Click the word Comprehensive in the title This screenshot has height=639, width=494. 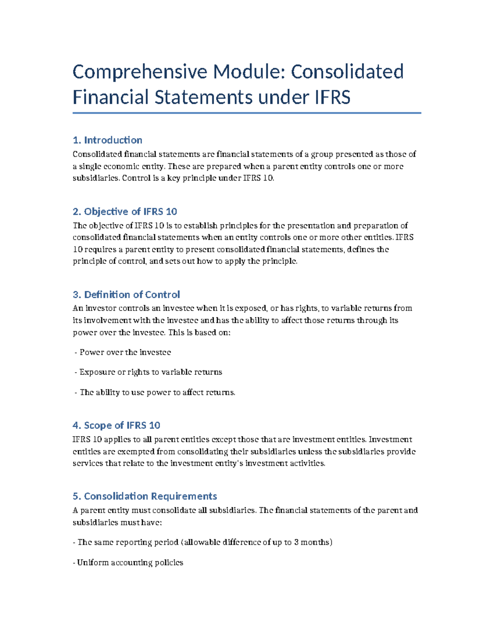[x=140, y=72]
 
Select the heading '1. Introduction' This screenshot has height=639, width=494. [x=107, y=140]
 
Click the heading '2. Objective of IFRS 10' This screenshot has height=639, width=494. [x=125, y=211]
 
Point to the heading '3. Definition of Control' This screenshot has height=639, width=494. [x=126, y=295]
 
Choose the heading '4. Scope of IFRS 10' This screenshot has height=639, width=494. [x=117, y=425]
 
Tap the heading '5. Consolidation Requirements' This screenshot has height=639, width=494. [x=144, y=496]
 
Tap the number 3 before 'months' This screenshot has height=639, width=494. [x=296, y=542]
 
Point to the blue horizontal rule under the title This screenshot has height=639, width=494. [x=247, y=113]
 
